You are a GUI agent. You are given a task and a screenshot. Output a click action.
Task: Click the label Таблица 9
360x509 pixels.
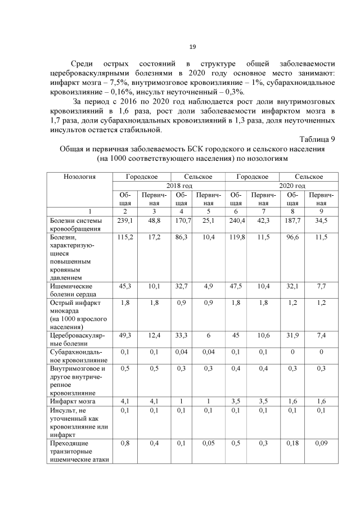pyautogui.click(x=317, y=139)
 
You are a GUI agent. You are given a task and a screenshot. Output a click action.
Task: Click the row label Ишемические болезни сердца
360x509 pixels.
pyautogui.click(x=74, y=290)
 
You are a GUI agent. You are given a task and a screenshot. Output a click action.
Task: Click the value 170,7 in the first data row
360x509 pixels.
pyautogui.click(x=181, y=220)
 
